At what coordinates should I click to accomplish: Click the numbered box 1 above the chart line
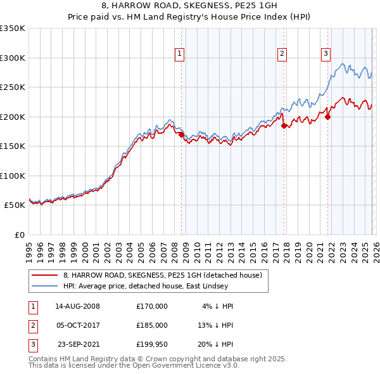[180, 55]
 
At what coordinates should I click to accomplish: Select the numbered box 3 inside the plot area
[326, 55]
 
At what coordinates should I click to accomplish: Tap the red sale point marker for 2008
[181, 134]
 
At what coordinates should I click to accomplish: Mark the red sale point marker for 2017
[284, 126]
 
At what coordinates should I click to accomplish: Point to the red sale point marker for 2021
[328, 117]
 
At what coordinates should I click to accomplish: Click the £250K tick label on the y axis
[13, 87]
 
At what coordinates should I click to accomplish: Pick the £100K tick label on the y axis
[13, 176]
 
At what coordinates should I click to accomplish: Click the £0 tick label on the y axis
[19, 235]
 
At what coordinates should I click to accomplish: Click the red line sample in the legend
[46, 274]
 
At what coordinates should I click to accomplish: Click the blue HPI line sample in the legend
[46, 286]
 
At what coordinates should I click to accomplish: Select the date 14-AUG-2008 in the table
[78, 306]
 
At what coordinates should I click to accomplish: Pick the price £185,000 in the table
[152, 325]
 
